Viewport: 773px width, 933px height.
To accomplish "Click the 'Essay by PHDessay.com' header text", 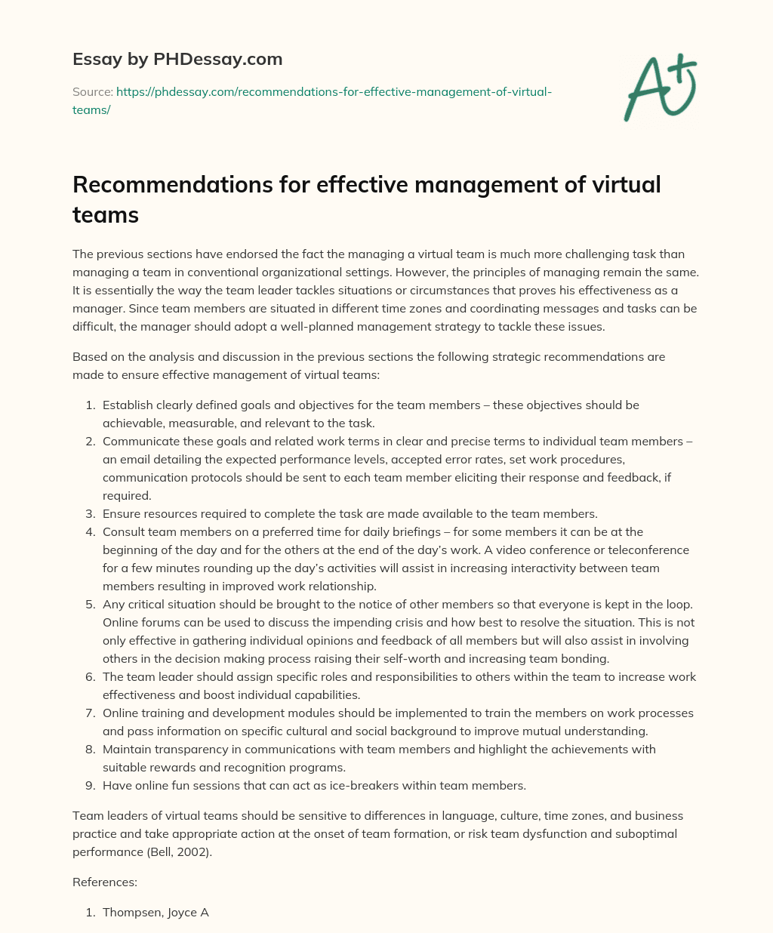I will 177,58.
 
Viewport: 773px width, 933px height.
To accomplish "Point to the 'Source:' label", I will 92,92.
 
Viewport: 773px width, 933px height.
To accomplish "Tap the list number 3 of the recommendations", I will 91,514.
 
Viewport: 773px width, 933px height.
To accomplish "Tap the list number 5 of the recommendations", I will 91,605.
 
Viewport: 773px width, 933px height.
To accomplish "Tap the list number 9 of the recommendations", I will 91,786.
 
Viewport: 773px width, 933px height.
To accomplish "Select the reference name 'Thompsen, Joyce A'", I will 156,913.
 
